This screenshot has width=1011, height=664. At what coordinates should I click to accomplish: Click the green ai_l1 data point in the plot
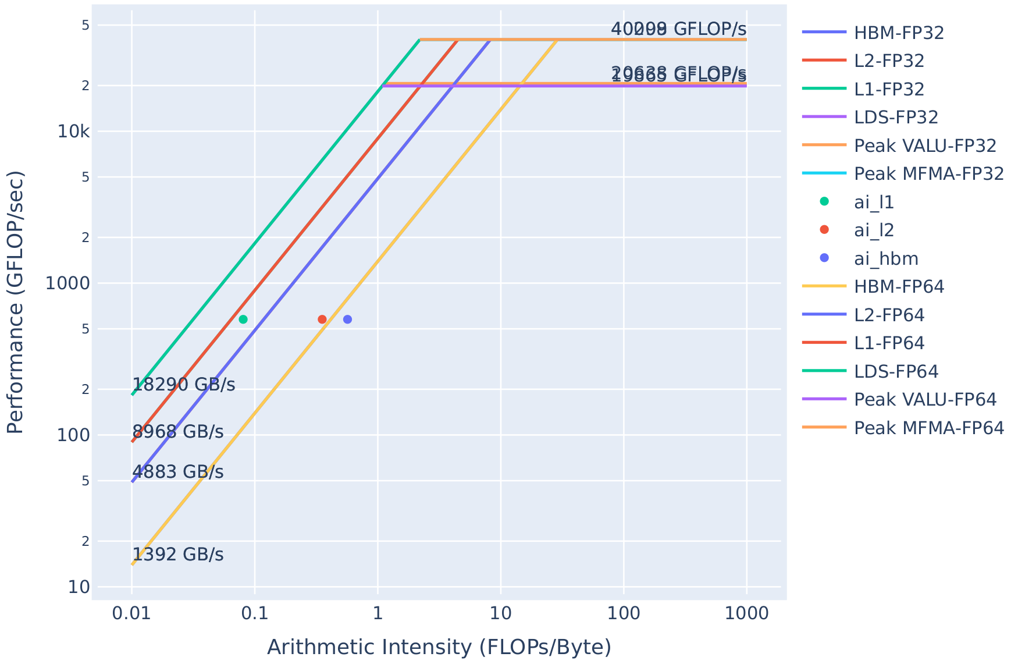coord(243,319)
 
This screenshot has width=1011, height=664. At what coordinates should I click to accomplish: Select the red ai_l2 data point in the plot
coord(322,319)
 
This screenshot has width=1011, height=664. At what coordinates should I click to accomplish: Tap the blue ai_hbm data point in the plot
coord(347,319)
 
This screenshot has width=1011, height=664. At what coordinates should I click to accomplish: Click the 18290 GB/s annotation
coord(184,385)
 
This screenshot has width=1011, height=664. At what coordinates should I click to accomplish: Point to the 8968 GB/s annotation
coord(178,432)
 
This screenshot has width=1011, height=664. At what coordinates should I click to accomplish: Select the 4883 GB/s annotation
coord(178,472)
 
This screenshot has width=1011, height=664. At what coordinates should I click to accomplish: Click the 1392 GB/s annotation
coord(178,555)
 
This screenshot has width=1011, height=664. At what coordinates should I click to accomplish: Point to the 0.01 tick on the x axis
coord(132,613)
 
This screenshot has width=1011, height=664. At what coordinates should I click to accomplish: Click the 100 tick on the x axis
coord(624,613)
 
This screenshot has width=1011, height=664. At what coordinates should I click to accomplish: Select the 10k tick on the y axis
coord(73,132)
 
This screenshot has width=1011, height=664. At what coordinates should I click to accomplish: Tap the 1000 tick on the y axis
coord(68,283)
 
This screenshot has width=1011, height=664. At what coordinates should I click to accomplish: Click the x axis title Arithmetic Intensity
coord(439,647)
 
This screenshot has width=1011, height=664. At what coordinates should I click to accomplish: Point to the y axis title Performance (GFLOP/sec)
coord(16,302)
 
